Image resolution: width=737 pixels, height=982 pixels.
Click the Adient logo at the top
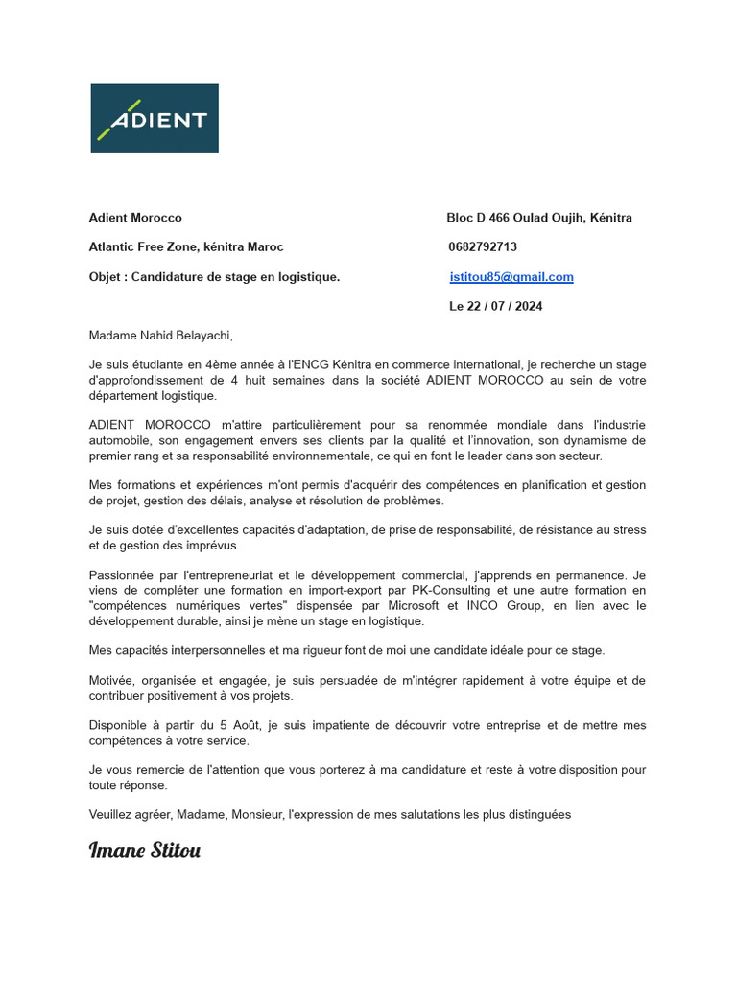tap(155, 119)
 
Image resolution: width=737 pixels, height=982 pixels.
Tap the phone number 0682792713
tap(483, 247)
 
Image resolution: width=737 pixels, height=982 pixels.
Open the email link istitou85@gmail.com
tap(511, 277)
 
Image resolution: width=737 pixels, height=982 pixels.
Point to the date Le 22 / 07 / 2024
tap(495, 307)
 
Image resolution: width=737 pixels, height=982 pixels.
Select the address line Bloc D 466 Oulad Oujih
tap(538, 218)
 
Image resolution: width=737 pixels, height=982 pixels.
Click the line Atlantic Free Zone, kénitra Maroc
tap(186, 247)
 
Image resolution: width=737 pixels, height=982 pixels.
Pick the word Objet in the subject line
tap(106, 277)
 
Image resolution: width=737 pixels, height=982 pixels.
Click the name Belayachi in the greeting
tap(199, 336)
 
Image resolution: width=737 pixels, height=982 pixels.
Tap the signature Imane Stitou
tap(145, 851)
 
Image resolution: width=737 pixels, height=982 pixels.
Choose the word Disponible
tap(119, 725)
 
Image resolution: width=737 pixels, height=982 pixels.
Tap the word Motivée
tap(112, 680)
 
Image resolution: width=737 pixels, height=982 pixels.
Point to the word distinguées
tap(535, 815)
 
